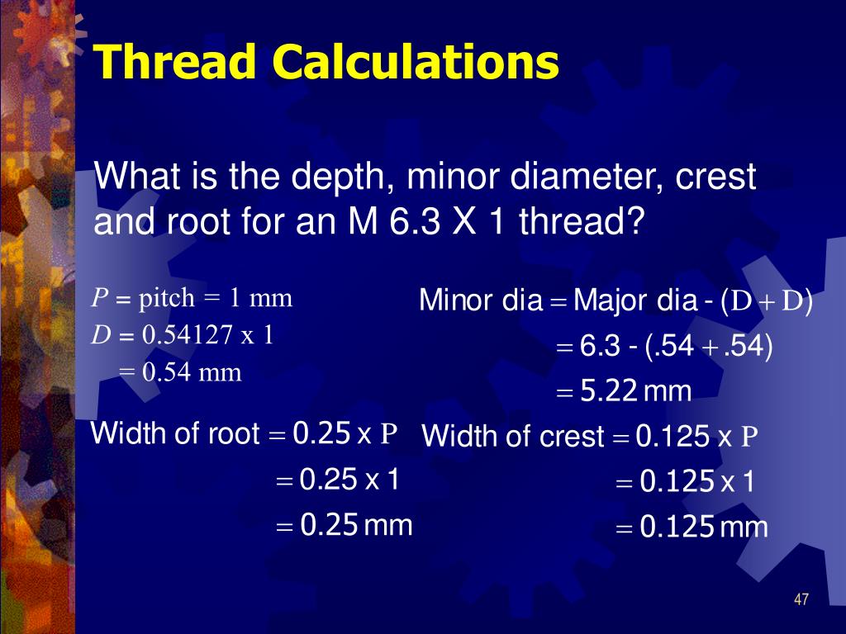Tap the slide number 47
tap(800, 599)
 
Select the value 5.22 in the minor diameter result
tap(610, 390)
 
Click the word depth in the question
tap(325, 177)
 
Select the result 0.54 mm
tap(192, 372)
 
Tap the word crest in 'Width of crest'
tap(572, 437)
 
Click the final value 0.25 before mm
tap(329, 524)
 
